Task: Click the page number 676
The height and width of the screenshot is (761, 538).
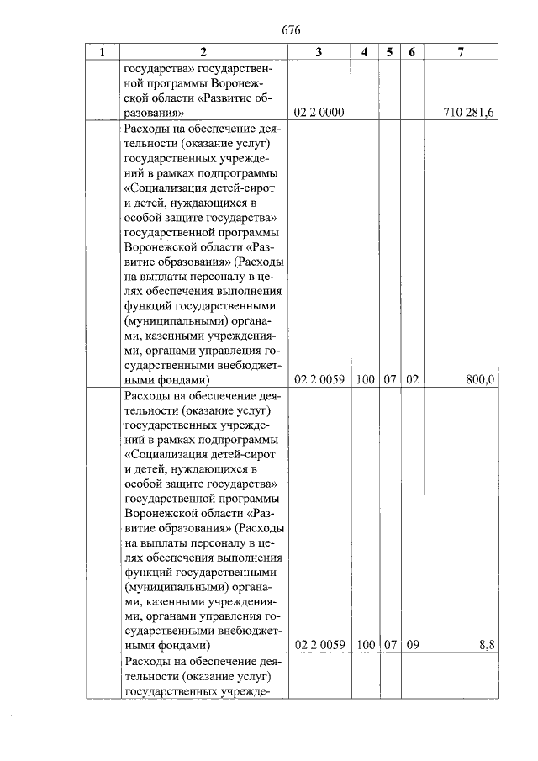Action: point(292,29)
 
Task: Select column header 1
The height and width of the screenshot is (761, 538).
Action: point(103,52)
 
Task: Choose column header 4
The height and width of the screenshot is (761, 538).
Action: point(364,52)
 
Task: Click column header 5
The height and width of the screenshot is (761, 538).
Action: point(389,52)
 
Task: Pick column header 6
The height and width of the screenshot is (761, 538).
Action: point(412,52)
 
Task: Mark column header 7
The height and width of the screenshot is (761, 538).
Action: point(461,52)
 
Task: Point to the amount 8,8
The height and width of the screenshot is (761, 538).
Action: point(487,645)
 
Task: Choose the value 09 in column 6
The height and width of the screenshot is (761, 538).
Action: point(412,645)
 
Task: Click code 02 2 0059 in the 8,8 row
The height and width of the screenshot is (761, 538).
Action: point(319,645)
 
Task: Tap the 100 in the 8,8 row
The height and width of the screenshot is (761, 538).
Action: point(365,645)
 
